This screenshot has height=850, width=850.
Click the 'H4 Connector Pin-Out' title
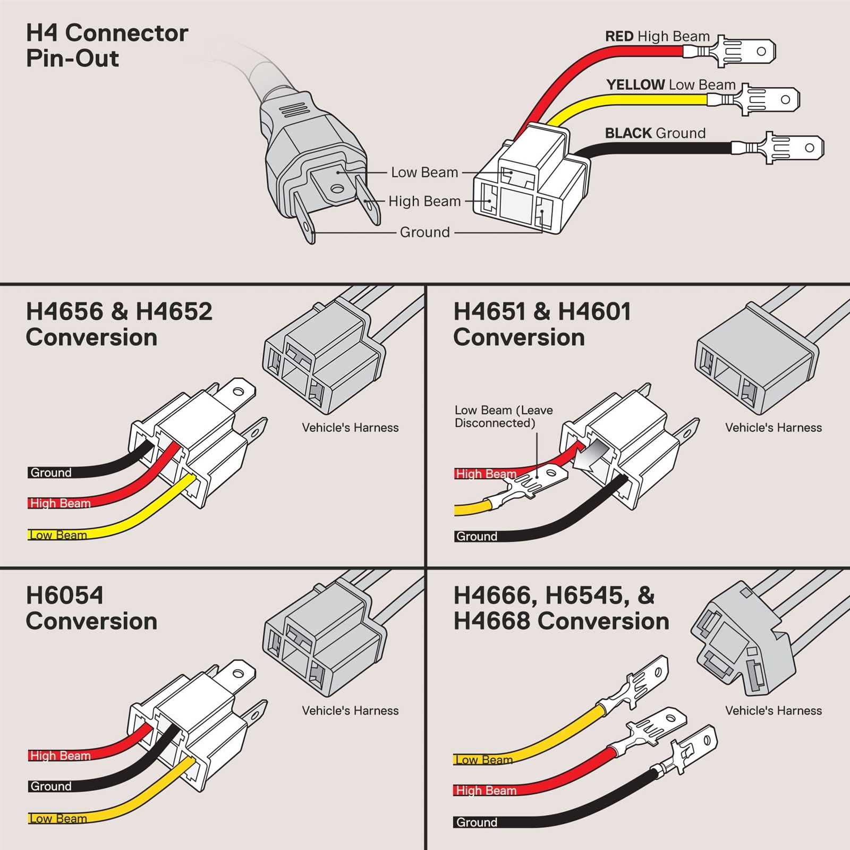[106, 46]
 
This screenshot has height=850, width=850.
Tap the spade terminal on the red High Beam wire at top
[744, 52]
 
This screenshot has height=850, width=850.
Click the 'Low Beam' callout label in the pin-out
[424, 173]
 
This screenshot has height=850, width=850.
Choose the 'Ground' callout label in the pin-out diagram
[424, 232]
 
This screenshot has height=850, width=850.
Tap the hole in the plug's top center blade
[337, 189]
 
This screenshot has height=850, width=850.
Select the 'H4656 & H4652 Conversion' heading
[118, 324]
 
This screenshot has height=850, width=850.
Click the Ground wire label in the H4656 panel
[51, 472]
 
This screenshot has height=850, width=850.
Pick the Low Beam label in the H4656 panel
[58, 535]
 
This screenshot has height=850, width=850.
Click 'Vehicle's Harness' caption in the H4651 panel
[773, 428]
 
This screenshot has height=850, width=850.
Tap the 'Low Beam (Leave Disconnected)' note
[503, 416]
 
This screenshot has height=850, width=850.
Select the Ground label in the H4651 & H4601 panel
[477, 536]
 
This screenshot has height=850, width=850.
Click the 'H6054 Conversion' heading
[91, 608]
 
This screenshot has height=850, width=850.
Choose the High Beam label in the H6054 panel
[60, 755]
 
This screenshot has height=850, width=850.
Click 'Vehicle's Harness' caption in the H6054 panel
[350, 711]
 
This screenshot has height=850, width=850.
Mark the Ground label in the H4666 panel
[477, 822]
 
